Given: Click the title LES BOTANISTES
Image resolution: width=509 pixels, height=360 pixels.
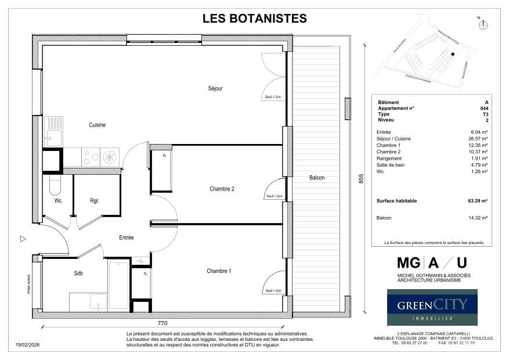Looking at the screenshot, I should coord(254,19).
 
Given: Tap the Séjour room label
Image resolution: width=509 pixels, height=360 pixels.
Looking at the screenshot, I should coord(216,89).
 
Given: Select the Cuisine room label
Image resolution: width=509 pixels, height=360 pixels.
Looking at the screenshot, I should coord(97,125).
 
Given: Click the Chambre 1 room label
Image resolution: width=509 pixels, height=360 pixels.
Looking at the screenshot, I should coord(219,271).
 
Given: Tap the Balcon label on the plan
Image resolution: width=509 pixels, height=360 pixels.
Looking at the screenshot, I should coord(316,178).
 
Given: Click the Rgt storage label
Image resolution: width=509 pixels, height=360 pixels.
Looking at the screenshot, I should coord(94,201).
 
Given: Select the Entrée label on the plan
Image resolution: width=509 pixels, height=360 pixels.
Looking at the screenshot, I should coord(126,237).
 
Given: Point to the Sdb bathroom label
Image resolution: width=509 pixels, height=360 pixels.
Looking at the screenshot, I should coord(78,273).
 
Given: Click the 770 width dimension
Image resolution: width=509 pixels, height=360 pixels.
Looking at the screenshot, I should coord(163,323).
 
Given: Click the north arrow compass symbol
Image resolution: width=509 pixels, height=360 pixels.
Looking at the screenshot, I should coord(485,24).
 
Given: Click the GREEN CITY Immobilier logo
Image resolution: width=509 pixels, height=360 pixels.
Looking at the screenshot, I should coord(432,307).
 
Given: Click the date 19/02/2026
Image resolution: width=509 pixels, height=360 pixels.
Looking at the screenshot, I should coord(27,345).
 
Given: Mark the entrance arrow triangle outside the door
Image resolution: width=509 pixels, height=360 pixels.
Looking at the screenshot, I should coord(23,239).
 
